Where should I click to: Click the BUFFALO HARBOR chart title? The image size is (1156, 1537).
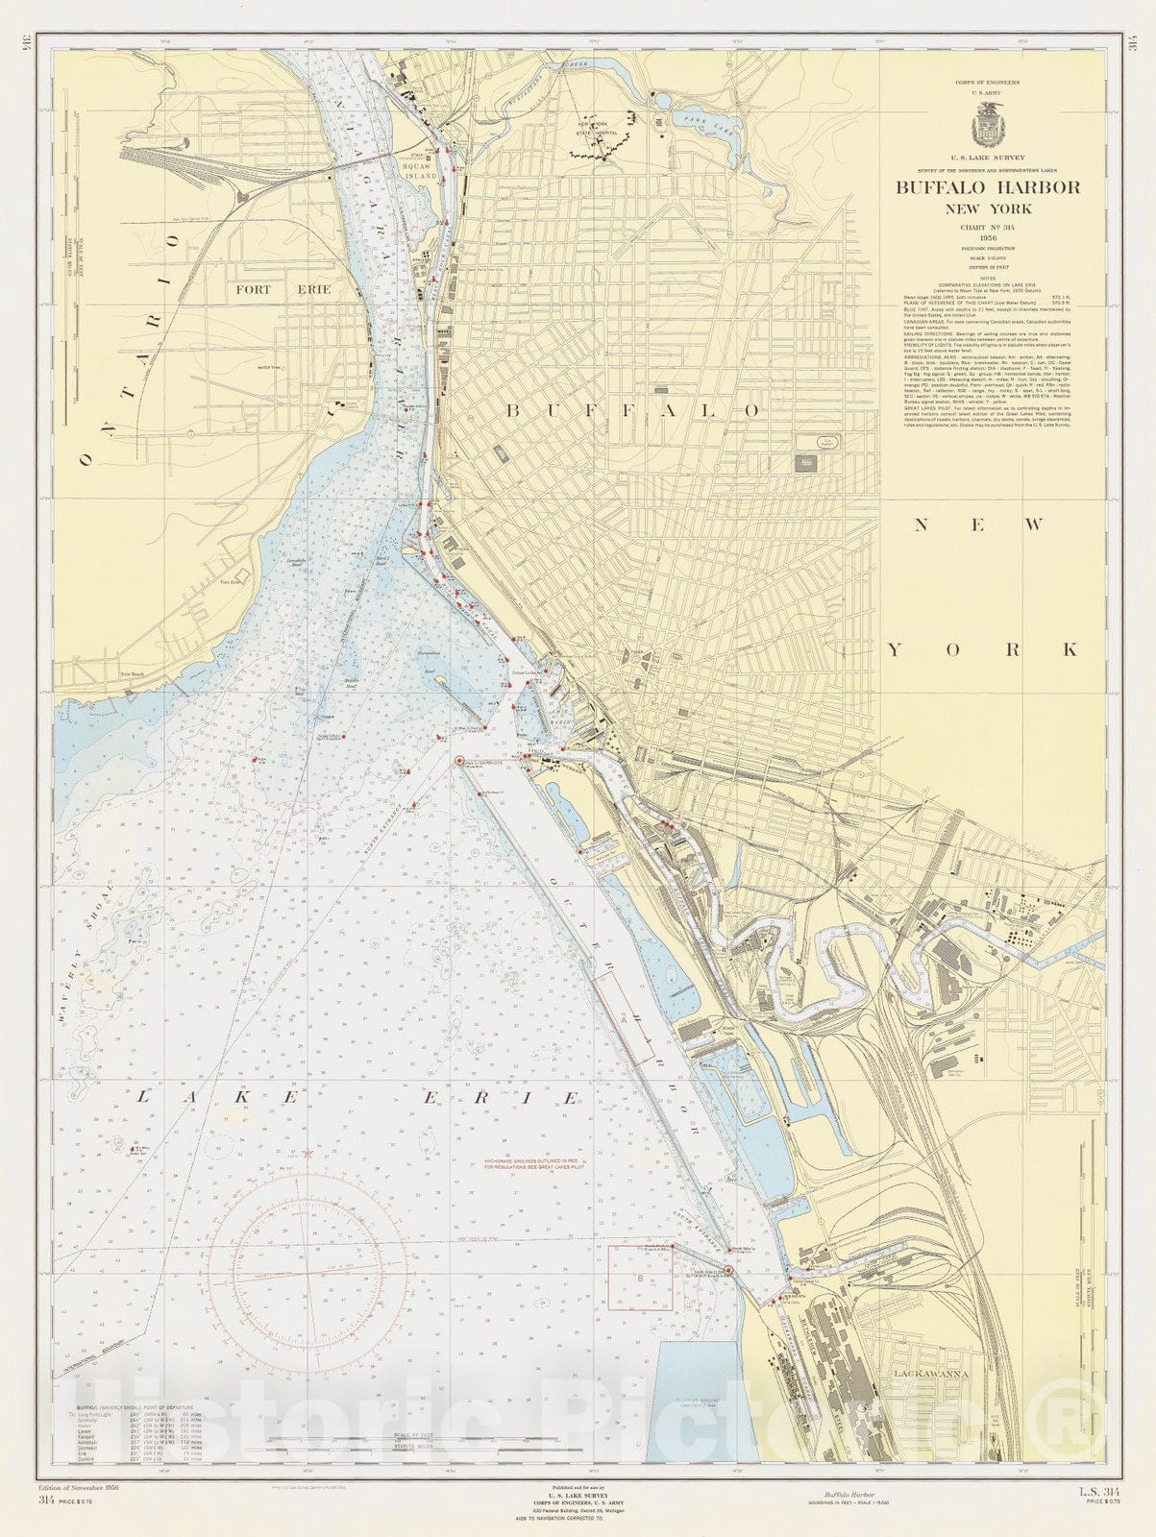pyautogui.click(x=988, y=187)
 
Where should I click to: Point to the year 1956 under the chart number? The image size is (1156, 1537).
pyautogui.click(x=988, y=237)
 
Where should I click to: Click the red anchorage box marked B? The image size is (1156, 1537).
pyautogui.click(x=639, y=1278)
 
